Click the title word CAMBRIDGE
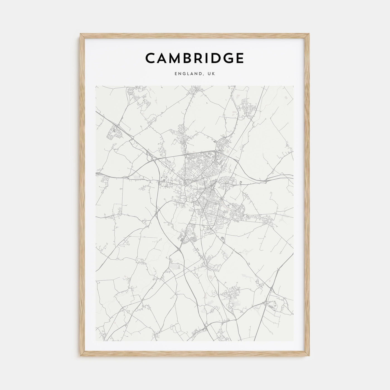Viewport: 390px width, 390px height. pyautogui.click(x=194, y=58)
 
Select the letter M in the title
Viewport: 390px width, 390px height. pyautogui.click(x=178, y=58)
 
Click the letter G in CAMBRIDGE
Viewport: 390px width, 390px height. pyautogui.click(x=228, y=58)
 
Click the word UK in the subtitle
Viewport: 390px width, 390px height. pyautogui.click(x=211, y=74)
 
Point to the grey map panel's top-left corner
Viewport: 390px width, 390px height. pyautogui.click(x=96, y=86)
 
